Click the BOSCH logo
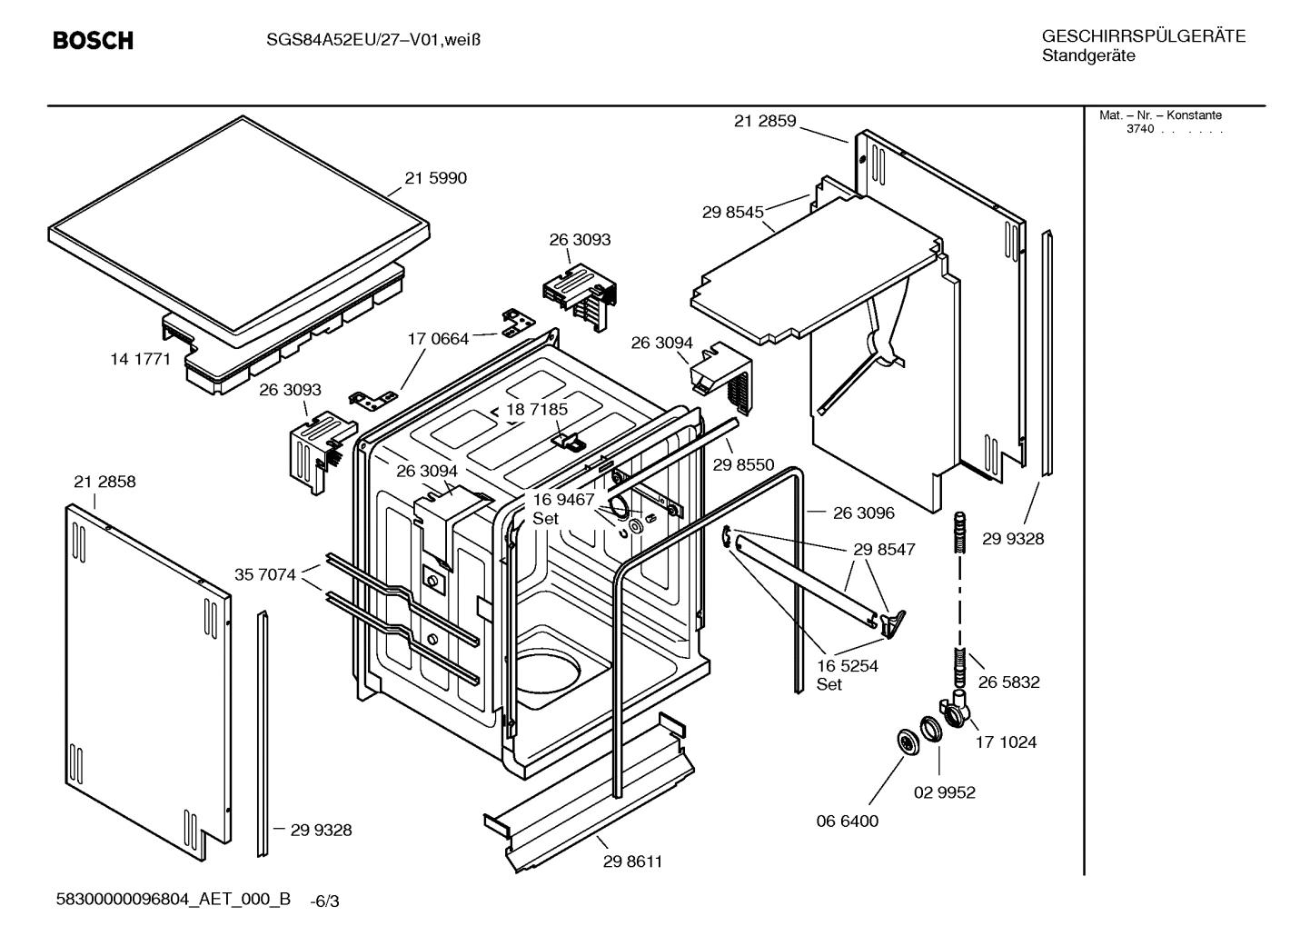[93, 41]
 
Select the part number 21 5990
[435, 178]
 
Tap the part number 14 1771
[140, 359]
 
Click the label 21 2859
[764, 121]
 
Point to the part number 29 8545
[732, 213]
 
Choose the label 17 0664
[438, 339]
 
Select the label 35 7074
[264, 574]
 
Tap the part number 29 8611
[632, 861]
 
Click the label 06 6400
[847, 821]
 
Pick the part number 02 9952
[944, 792]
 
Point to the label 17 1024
[1006, 742]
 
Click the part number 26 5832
[1008, 682]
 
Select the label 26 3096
[863, 513]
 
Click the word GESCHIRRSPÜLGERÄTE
[1143, 37]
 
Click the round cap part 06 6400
[907, 741]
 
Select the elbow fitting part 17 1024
[955, 710]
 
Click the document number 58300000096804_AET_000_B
[174, 899]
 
